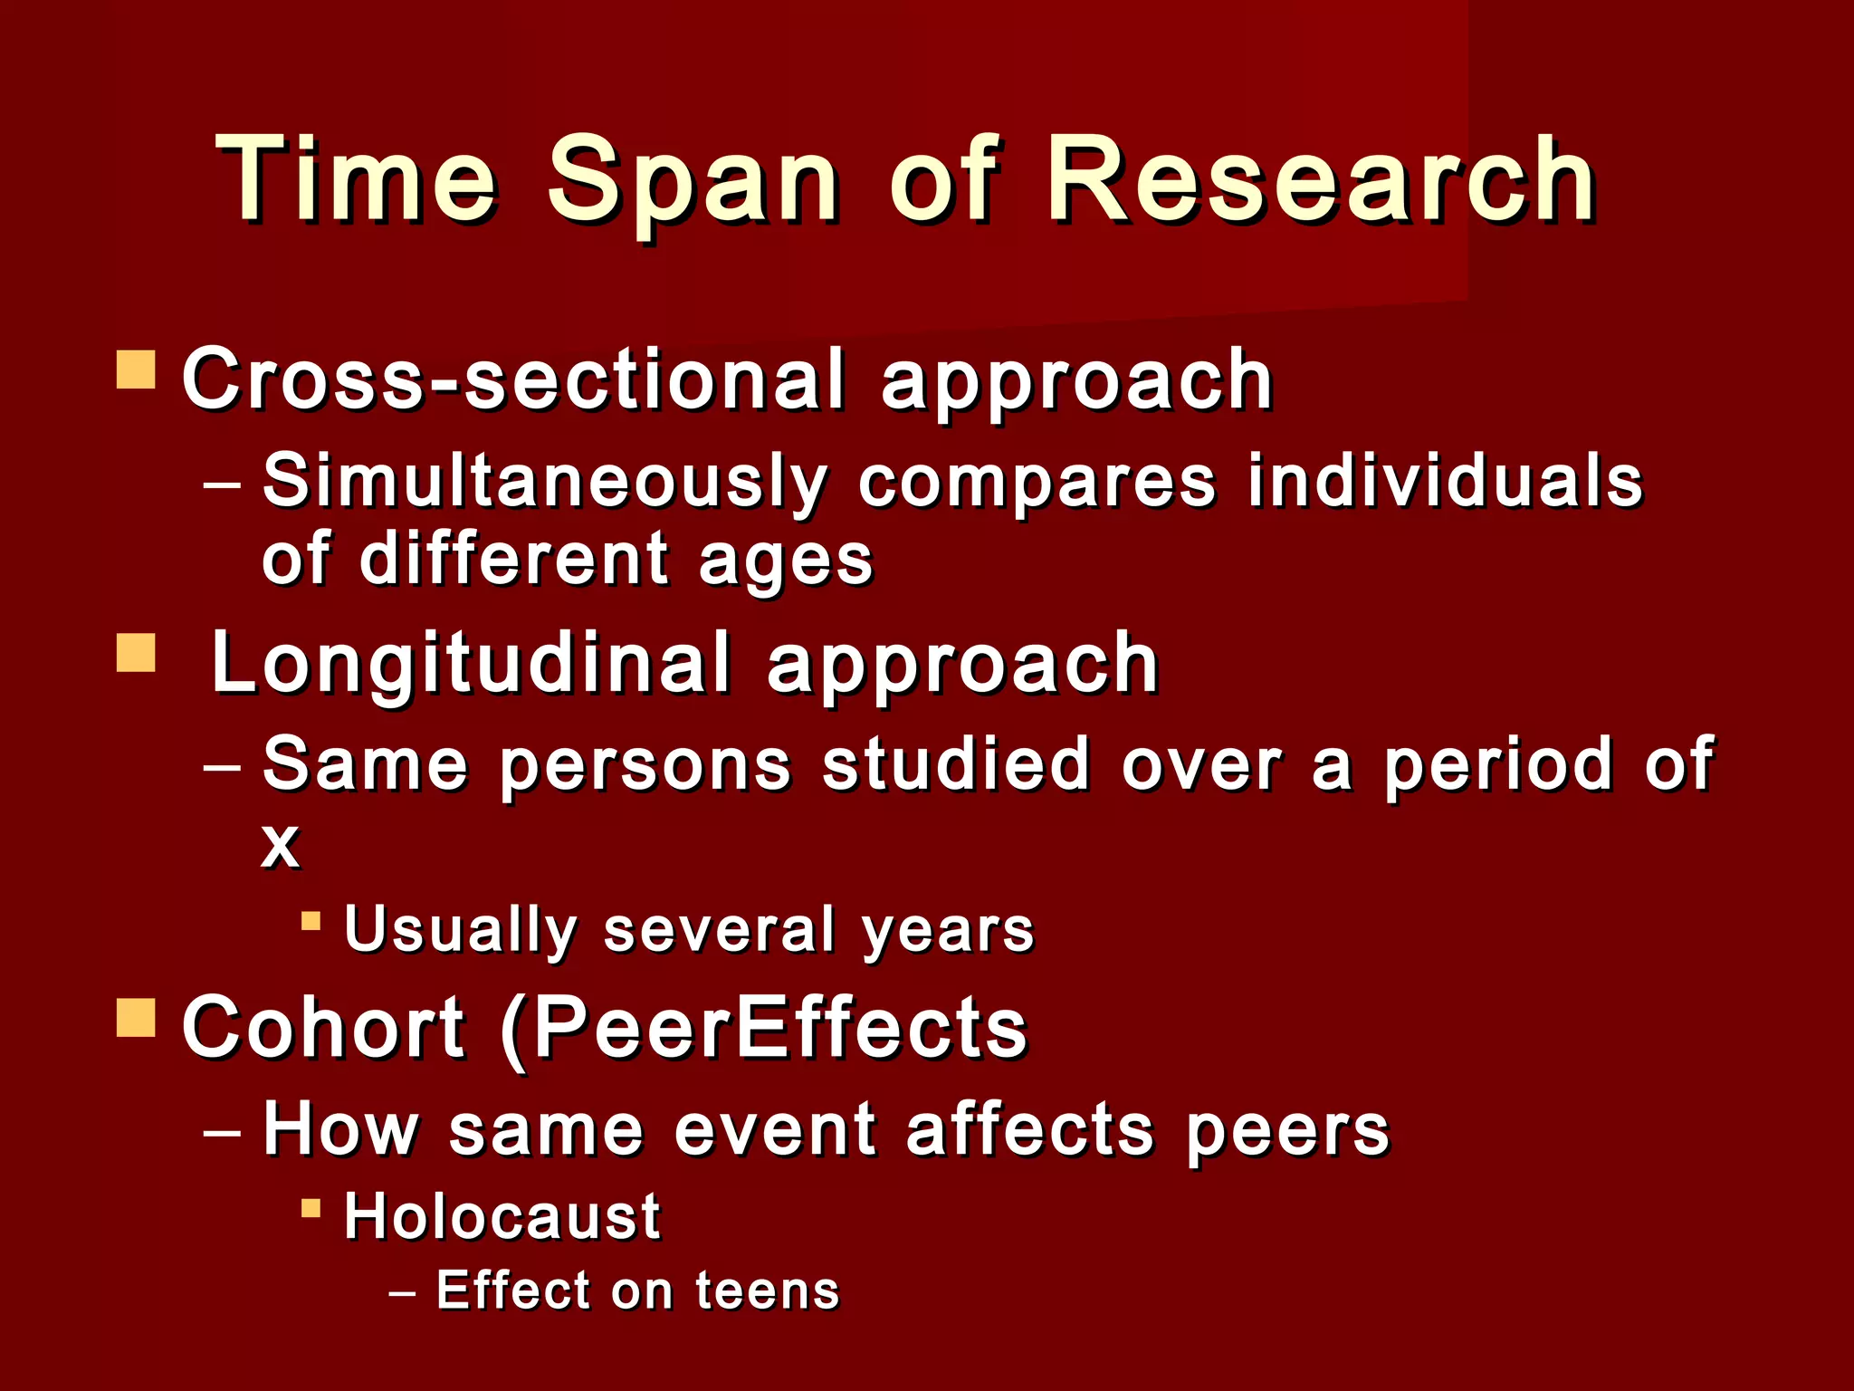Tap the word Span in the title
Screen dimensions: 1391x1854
pyautogui.click(x=693, y=181)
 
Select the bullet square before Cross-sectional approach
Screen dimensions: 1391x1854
pyautogui.click(x=136, y=370)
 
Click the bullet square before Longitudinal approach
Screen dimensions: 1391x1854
pyautogui.click(x=136, y=653)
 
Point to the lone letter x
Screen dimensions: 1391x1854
pyautogui.click(x=280, y=846)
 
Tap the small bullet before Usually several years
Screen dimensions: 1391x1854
pyautogui.click(x=311, y=922)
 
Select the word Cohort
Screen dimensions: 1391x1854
pyautogui.click(x=323, y=1027)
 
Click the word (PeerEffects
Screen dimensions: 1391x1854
pyautogui.click(x=764, y=1029)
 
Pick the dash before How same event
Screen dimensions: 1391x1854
pyautogui.click(x=223, y=1132)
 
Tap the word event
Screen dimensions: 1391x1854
pyautogui.click(x=776, y=1130)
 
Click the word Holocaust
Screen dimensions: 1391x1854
pyautogui.click(x=502, y=1216)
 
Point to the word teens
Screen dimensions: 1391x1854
pyautogui.click(x=768, y=1290)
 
